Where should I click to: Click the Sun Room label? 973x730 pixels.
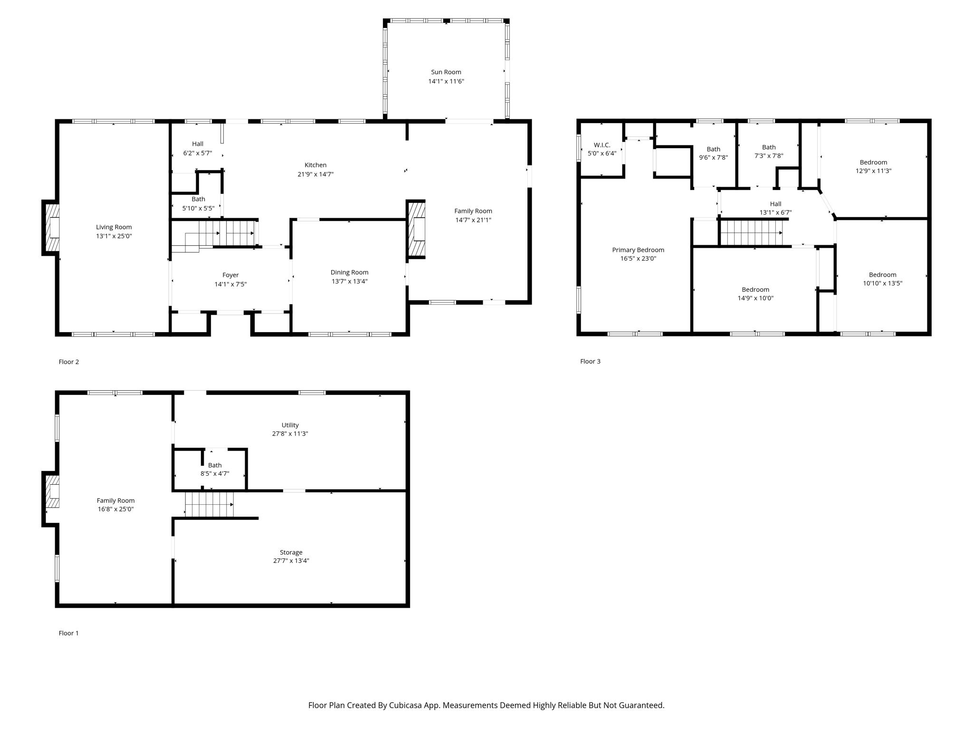click(446, 72)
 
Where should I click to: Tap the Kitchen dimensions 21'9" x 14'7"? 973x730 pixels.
click(315, 174)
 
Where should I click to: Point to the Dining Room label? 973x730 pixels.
click(349, 272)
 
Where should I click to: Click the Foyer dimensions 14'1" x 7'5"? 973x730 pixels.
click(230, 284)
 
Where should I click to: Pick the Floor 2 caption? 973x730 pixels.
click(69, 362)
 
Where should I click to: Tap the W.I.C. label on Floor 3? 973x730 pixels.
click(601, 145)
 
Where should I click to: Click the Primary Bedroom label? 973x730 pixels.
click(638, 250)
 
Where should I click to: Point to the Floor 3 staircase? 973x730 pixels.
click(751, 233)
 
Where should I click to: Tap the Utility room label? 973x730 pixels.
click(290, 425)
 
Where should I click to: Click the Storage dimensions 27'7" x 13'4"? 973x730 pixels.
click(291, 561)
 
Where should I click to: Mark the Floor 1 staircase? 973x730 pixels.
click(209, 504)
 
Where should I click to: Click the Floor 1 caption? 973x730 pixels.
click(69, 633)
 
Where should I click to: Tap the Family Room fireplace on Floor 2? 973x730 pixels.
click(417, 229)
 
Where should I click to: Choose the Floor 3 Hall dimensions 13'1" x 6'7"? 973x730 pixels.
click(775, 213)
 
